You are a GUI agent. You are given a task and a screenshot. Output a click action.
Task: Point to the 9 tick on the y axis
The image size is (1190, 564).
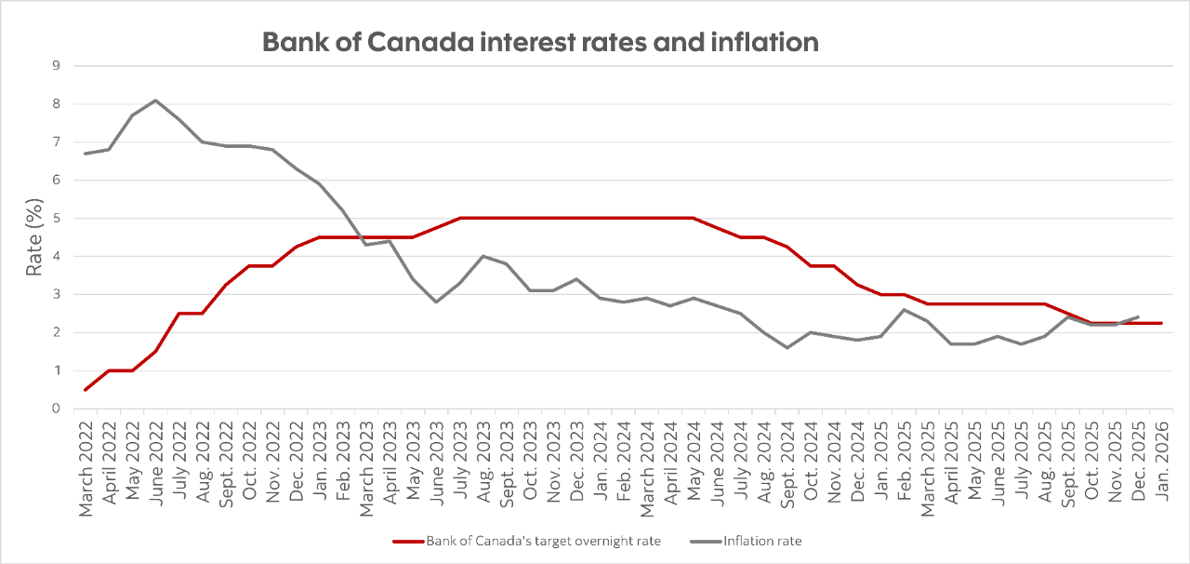click(57, 66)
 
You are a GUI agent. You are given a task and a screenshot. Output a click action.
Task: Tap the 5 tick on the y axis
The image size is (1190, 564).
click(57, 218)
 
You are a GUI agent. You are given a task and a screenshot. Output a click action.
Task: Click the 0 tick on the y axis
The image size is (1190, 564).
click(57, 409)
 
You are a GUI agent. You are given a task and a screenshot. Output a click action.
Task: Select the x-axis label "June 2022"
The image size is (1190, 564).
click(156, 462)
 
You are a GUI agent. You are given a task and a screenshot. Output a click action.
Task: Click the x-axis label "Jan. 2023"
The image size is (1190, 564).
click(320, 462)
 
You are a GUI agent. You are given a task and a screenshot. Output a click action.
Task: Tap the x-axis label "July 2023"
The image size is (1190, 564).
click(460, 462)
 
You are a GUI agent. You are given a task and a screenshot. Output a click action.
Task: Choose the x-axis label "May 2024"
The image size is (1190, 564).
click(694, 462)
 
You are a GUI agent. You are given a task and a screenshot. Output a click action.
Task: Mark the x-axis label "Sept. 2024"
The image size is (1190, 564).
click(787, 460)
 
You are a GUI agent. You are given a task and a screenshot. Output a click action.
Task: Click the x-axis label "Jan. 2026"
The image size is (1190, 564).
click(1161, 462)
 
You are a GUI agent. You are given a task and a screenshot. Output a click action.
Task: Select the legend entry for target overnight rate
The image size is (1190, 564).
click(543, 541)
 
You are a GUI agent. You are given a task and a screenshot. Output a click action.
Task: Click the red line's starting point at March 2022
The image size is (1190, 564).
click(86, 389)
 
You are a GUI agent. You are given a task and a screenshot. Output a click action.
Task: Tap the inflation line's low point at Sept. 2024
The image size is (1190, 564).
click(787, 347)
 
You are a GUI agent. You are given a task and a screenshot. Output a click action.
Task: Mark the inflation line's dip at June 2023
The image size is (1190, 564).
click(437, 302)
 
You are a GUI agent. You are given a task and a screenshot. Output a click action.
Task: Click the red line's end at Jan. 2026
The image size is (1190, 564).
click(1161, 323)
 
